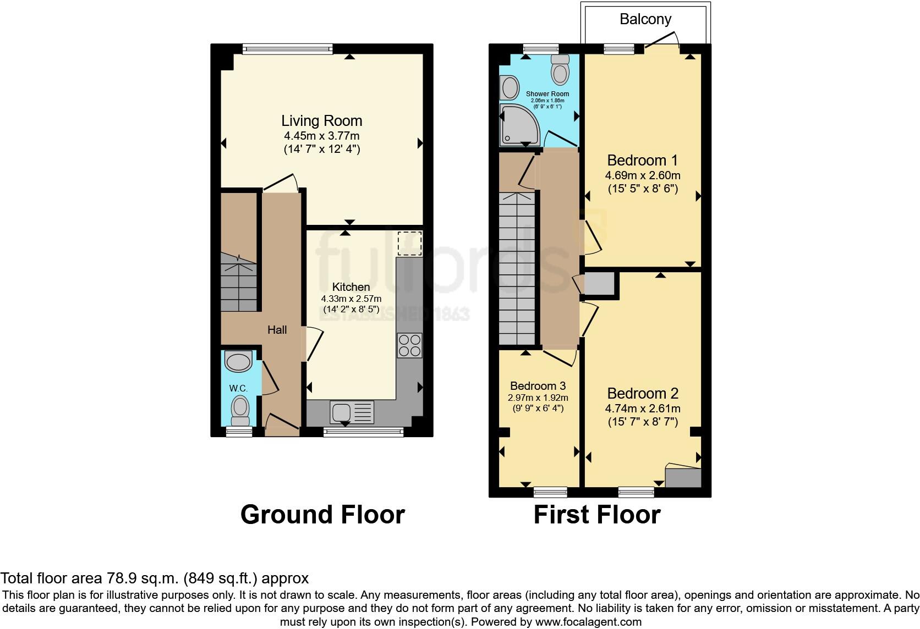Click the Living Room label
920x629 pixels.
pos(322,121)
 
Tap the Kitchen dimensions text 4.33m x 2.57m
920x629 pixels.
pos(351,299)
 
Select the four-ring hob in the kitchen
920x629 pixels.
pos(409,345)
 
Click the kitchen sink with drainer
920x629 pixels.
pos(352,412)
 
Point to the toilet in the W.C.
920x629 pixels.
pos(240,410)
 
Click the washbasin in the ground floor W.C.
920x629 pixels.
pos(238,362)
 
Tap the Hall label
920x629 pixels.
pos(277,330)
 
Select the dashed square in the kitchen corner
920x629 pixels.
pos(409,244)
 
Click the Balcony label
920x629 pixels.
pos(645,19)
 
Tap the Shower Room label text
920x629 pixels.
pos(547,94)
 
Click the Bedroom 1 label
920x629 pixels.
pos(642,161)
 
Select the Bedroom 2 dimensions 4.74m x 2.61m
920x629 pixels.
pos(643,409)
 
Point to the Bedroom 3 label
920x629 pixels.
pos(538,386)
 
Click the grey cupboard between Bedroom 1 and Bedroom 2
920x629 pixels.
pos(599,284)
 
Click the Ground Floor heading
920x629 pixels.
pos(322,515)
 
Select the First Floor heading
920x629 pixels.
pos(596,515)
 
